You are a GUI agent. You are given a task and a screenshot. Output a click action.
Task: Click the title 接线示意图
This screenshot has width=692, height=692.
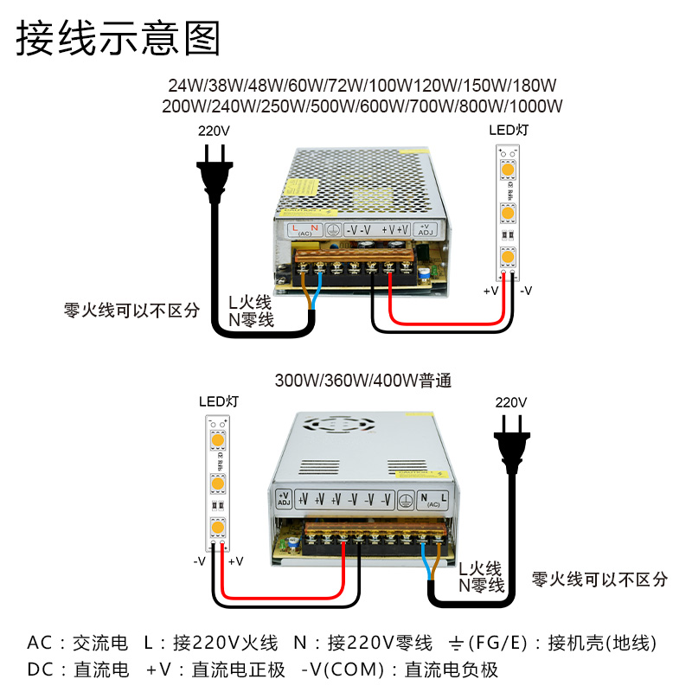pyautogui.click(x=119, y=39)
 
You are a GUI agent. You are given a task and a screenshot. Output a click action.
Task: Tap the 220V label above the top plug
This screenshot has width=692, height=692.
pyautogui.click(x=214, y=131)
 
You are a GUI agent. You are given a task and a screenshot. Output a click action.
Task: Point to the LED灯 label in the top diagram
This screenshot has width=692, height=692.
pyautogui.click(x=508, y=131)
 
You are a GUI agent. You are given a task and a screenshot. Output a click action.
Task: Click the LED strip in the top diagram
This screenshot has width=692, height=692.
pyautogui.click(x=508, y=212)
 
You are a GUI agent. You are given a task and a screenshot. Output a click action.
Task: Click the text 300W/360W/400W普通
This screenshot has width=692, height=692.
pyautogui.click(x=363, y=380)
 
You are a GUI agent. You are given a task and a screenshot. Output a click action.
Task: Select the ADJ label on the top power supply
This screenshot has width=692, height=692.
pyautogui.click(x=426, y=230)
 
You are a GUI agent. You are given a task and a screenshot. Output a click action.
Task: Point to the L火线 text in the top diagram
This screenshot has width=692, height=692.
pyautogui.click(x=250, y=303)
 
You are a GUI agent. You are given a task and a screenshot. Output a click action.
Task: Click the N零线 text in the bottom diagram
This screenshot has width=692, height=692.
pyautogui.click(x=481, y=586)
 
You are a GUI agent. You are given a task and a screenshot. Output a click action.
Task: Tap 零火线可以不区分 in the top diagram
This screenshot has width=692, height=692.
pyautogui.click(x=131, y=310)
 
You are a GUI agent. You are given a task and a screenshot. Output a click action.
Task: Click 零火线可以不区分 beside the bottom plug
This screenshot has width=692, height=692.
pyautogui.click(x=599, y=579)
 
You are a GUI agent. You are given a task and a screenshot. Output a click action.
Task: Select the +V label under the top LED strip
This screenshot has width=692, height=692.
pyautogui.click(x=491, y=291)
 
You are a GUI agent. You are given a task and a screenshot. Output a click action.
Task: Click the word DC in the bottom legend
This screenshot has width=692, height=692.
pyautogui.click(x=41, y=669)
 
